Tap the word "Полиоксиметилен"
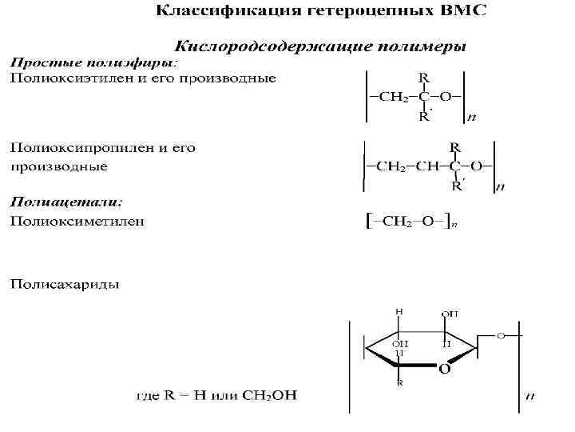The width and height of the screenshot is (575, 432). click(77, 220)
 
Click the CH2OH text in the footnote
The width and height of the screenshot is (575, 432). click(270, 395)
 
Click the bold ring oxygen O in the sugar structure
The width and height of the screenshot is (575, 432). click(443, 370)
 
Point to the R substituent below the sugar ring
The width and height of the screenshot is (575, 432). click(399, 383)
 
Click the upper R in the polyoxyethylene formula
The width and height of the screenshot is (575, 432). click(422, 78)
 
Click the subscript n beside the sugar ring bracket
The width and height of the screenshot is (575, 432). click(530, 394)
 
